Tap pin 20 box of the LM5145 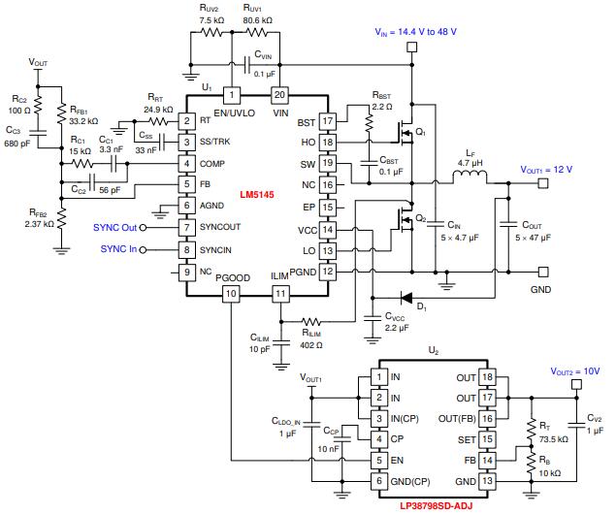pyautogui.click(x=279, y=95)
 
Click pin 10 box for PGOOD pyautogui.click(x=230, y=293)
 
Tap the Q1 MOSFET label pyautogui.click(x=421, y=132)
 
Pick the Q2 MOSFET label pyautogui.click(x=421, y=217)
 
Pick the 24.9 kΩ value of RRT pyautogui.click(x=157, y=110)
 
